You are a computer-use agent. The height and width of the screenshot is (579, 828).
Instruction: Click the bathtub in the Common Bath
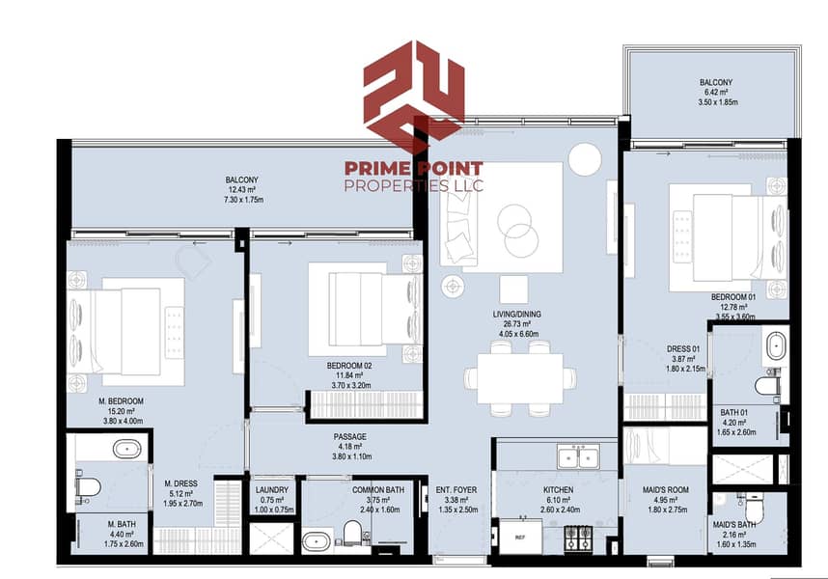317,540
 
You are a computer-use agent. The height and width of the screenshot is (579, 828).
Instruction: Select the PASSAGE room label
349,436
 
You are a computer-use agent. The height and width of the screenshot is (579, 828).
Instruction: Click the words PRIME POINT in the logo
414,166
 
